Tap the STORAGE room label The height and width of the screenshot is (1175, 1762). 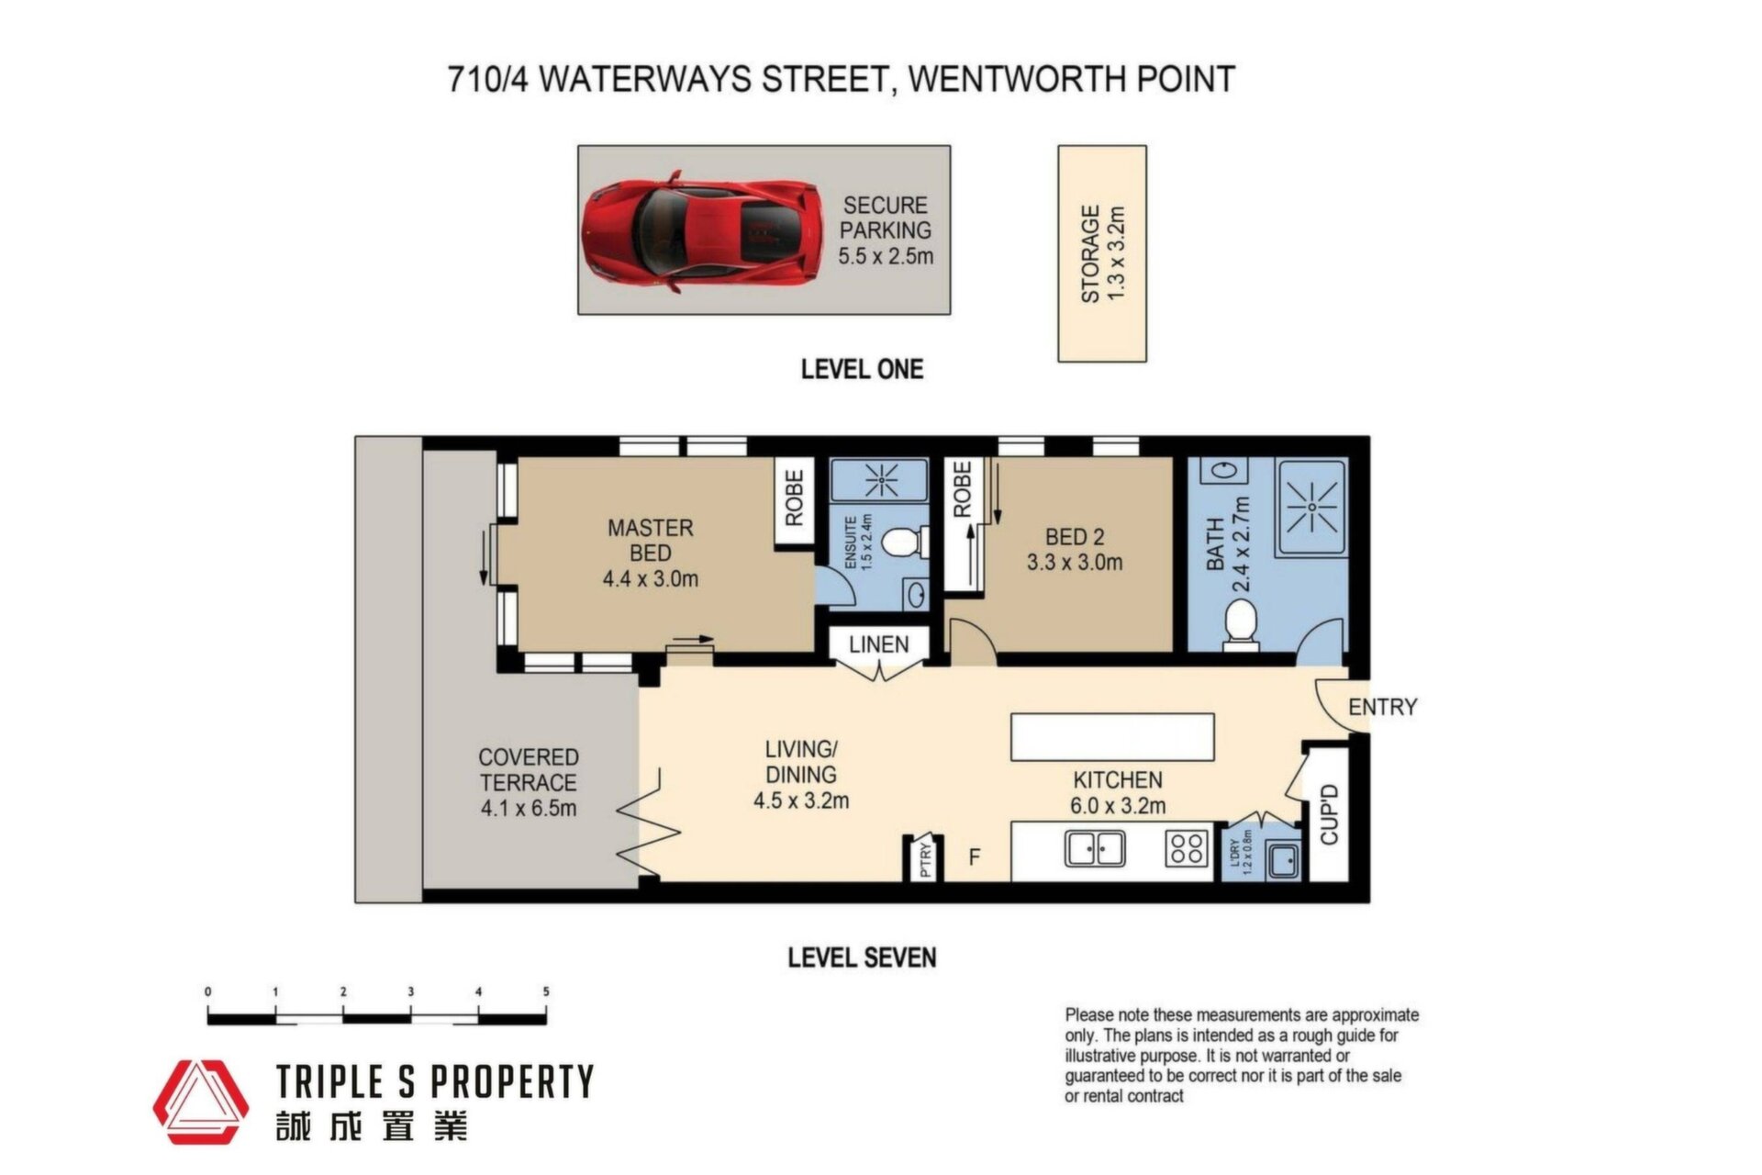tap(1089, 253)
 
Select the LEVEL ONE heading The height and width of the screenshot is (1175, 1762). tap(862, 369)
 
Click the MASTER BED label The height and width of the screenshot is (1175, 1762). tap(650, 541)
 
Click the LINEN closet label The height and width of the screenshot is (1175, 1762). tap(878, 644)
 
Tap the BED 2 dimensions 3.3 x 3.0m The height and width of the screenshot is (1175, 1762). tap(1074, 562)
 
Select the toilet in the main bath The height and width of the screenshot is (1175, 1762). tap(1240, 624)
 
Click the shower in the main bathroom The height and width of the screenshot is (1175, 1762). tap(1310, 508)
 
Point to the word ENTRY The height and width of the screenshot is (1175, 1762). tap(1382, 707)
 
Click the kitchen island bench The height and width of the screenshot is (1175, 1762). tap(1112, 737)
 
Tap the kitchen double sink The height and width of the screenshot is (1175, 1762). tap(1095, 849)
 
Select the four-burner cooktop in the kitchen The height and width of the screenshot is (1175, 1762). tap(1186, 848)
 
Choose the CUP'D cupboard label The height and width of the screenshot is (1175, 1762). tap(1329, 814)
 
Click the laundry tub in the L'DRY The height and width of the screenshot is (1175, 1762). tap(1283, 860)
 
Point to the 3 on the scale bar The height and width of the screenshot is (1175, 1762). tap(410, 991)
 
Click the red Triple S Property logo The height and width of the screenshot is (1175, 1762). tap(200, 1102)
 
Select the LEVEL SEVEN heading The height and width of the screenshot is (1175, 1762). tap(862, 957)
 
